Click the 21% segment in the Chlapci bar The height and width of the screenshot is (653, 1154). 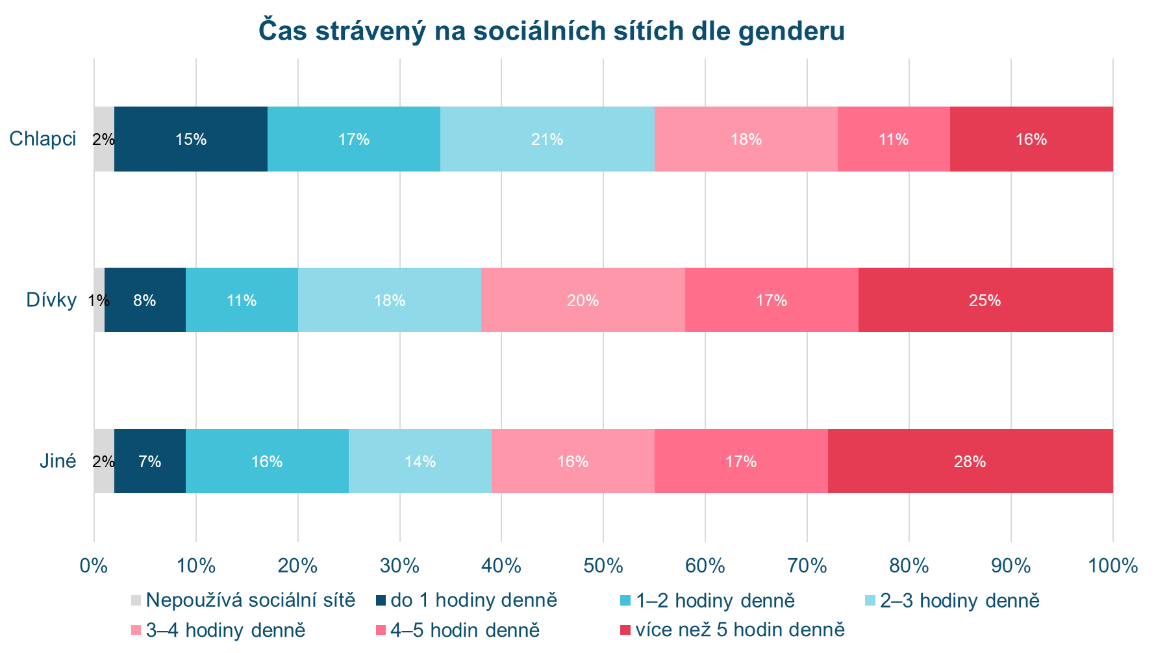[x=547, y=139]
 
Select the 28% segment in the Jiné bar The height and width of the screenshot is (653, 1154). [x=970, y=461]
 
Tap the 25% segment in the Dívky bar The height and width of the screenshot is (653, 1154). [x=985, y=300]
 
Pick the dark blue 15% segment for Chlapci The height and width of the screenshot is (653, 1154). [x=191, y=139]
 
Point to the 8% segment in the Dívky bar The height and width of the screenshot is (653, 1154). [x=145, y=300]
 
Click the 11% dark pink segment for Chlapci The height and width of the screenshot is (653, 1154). [x=894, y=139]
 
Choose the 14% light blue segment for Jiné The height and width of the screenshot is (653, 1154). [x=420, y=461]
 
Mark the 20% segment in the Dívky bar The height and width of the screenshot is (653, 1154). [x=583, y=300]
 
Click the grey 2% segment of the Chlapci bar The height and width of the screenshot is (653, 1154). [x=104, y=139]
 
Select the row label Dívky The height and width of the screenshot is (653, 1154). [x=51, y=300]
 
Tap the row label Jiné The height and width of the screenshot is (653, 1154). [x=58, y=461]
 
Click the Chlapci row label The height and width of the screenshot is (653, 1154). [x=43, y=139]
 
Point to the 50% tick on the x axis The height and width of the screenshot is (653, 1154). [x=603, y=566]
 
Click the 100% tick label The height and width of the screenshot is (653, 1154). [x=1112, y=566]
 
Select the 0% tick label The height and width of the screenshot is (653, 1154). [x=94, y=566]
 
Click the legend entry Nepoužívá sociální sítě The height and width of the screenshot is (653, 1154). [x=251, y=600]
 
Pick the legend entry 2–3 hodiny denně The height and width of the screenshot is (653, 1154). [x=960, y=600]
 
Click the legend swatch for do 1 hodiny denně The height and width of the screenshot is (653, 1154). [x=381, y=600]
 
